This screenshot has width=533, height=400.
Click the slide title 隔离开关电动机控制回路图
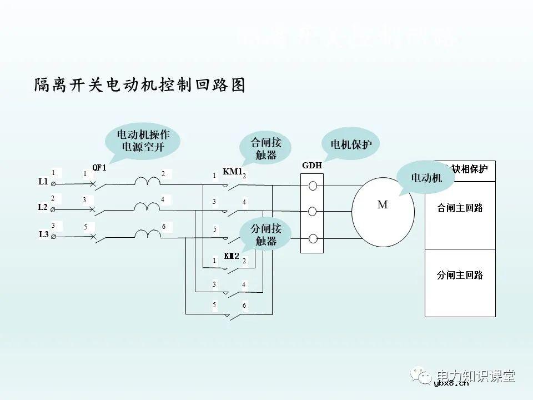click(x=139, y=85)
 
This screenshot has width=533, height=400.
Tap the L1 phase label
click(x=43, y=182)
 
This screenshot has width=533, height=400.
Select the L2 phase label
click(x=43, y=207)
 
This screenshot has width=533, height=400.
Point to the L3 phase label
click(x=43, y=234)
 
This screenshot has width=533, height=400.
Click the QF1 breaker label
click(x=99, y=167)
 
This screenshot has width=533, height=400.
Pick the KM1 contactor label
click(x=232, y=172)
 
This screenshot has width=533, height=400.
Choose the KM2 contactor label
click(x=232, y=256)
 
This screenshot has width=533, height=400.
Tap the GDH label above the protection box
click(x=311, y=166)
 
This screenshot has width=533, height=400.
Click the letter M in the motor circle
click(x=382, y=204)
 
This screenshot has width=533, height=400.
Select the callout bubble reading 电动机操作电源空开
click(x=143, y=141)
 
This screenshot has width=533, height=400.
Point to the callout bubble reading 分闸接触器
click(x=266, y=234)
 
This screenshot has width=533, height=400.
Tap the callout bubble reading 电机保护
click(x=351, y=144)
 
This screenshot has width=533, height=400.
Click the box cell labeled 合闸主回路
click(x=460, y=208)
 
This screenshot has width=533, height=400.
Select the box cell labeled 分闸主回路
click(x=460, y=275)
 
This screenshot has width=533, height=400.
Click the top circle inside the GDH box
click(x=313, y=186)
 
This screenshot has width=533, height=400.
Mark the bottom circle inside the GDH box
click(x=313, y=239)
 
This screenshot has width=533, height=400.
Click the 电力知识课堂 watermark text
click(x=476, y=376)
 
